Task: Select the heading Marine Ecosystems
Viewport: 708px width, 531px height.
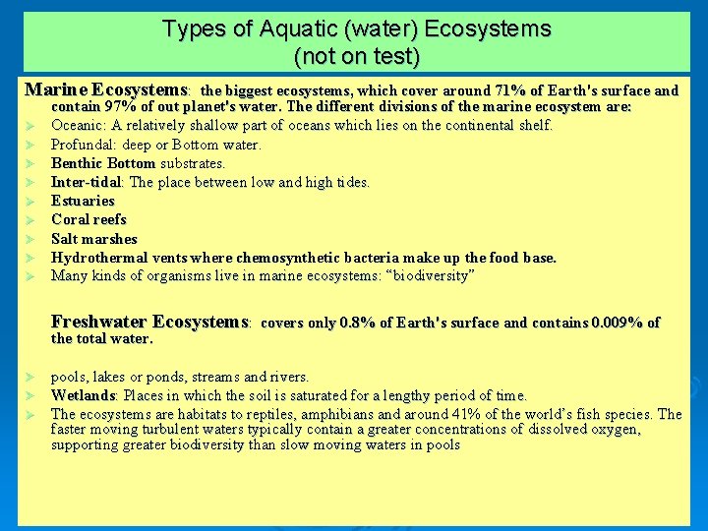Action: point(106,89)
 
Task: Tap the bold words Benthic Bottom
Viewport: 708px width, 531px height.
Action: point(103,163)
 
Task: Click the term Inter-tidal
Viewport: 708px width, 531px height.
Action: point(87,182)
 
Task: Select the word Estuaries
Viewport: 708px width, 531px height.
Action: point(83,201)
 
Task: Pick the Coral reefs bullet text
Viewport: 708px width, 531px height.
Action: point(88,219)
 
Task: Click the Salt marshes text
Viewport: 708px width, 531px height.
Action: point(94,239)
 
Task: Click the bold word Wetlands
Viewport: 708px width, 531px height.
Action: point(84,395)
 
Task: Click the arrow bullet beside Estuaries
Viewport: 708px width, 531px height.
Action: point(31,201)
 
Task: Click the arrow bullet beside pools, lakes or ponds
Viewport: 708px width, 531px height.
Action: point(31,377)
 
